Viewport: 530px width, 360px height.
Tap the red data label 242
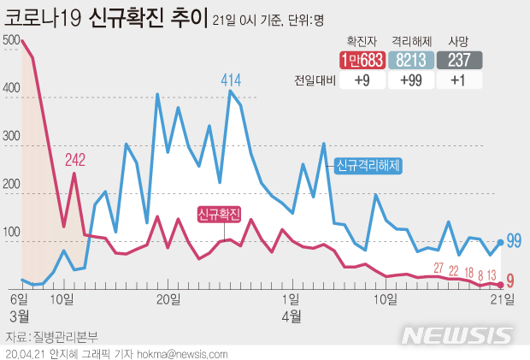pyautogui.click(x=76, y=160)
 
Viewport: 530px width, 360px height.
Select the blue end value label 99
pyautogui.click(x=514, y=240)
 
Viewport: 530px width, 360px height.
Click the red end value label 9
pyautogui.click(x=510, y=280)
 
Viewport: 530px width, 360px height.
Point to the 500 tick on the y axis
pyautogui.click(x=12, y=40)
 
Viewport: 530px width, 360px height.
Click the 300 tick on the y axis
pyautogui.click(x=12, y=137)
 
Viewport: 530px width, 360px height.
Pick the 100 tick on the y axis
pyautogui.click(x=12, y=233)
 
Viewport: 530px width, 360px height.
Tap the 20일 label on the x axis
pyautogui.click(x=168, y=298)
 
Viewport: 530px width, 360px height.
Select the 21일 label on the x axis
pyautogui.click(x=501, y=298)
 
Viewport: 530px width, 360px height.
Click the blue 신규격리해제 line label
pyautogui.click(x=368, y=163)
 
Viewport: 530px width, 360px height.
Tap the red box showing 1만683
pyautogui.click(x=360, y=60)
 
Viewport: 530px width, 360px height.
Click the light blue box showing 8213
pyautogui.click(x=409, y=60)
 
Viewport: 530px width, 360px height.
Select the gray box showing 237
pyautogui.click(x=460, y=60)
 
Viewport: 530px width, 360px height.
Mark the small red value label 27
pyautogui.click(x=439, y=269)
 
